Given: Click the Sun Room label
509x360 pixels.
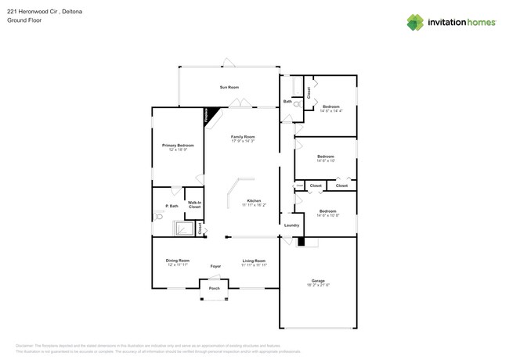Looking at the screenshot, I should pos(229,87).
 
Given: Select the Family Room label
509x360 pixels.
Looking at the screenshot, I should pos(242,136).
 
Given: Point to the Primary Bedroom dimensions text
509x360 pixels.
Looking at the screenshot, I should pos(178,149).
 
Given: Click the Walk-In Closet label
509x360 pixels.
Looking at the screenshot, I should pos(194,205).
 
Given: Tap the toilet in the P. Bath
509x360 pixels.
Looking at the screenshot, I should pos(159,221).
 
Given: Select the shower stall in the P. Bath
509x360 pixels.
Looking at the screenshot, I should pos(184,228).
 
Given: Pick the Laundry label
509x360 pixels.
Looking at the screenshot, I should pos(291,225).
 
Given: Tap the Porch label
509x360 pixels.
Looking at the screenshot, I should pos(214,289).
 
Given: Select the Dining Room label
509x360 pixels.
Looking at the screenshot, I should pos(177,261).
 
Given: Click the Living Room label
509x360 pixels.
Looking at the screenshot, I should pos(254,261).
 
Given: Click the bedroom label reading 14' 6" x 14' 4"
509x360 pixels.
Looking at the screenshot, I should pos(331,110).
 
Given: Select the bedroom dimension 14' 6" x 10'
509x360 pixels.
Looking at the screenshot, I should pos(326,160).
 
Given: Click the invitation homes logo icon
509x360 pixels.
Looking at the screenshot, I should pos(416,22).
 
